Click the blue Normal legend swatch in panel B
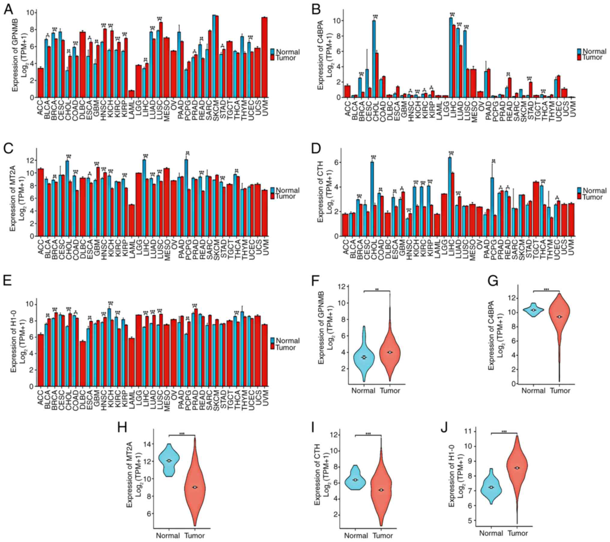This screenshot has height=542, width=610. (579, 51)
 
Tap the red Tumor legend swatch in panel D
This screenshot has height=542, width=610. (579, 197)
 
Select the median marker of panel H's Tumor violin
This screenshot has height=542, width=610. (195, 487)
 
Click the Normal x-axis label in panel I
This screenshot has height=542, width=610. (356, 536)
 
